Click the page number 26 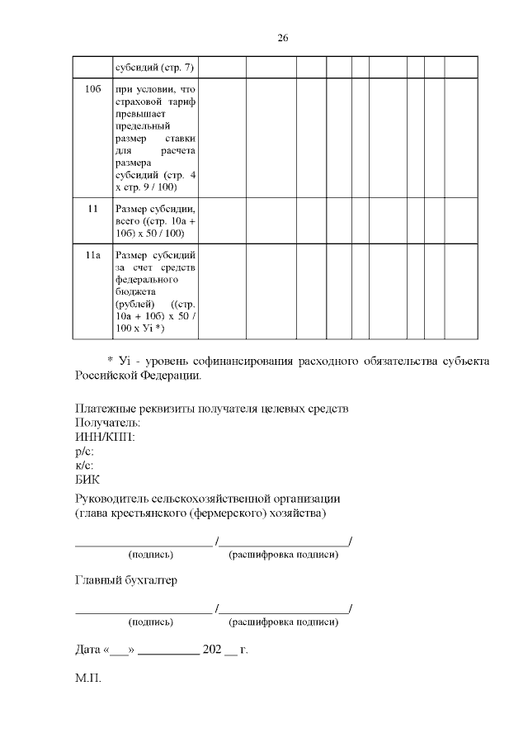click(x=282, y=38)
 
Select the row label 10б click(x=92, y=88)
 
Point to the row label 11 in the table click(x=92, y=209)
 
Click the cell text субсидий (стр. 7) click(x=155, y=67)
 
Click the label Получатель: click(x=108, y=423)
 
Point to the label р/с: click(x=84, y=451)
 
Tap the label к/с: click(x=84, y=465)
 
